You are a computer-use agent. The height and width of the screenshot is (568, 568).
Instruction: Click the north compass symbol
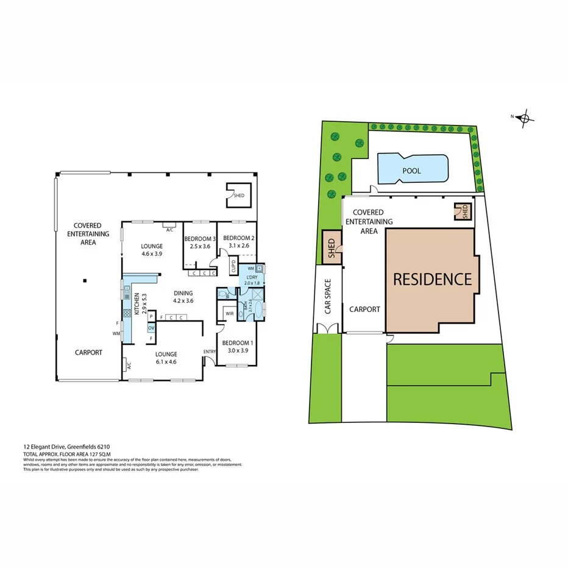pos(524,119)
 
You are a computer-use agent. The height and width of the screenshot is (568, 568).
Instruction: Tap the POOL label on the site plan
pos(411,171)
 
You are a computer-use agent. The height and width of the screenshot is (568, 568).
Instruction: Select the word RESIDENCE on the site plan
pos(432,279)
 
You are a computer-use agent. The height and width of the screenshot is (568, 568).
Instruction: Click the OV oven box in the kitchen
pos(151,328)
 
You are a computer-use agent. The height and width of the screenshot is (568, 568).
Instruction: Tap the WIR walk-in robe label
pos(229,314)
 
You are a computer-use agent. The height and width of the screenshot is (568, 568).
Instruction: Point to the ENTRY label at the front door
pos(210,352)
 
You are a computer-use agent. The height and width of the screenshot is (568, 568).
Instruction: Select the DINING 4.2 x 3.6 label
pos(183,296)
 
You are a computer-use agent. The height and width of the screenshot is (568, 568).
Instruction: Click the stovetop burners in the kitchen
pos(128,313)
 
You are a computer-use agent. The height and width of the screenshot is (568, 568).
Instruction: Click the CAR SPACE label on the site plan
pos(328,296)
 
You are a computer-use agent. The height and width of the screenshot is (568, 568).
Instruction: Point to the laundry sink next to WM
pos(260,268)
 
